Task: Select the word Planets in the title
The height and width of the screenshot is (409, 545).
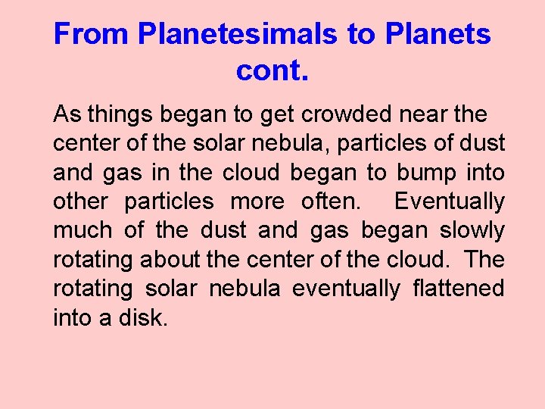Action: point(438,34)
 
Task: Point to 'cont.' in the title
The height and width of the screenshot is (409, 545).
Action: point(272,70)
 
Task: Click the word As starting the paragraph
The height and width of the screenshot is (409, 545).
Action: point(67,115)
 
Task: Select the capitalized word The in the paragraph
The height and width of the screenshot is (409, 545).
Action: point(484,259)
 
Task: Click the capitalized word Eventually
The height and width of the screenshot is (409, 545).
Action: point(450,201)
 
